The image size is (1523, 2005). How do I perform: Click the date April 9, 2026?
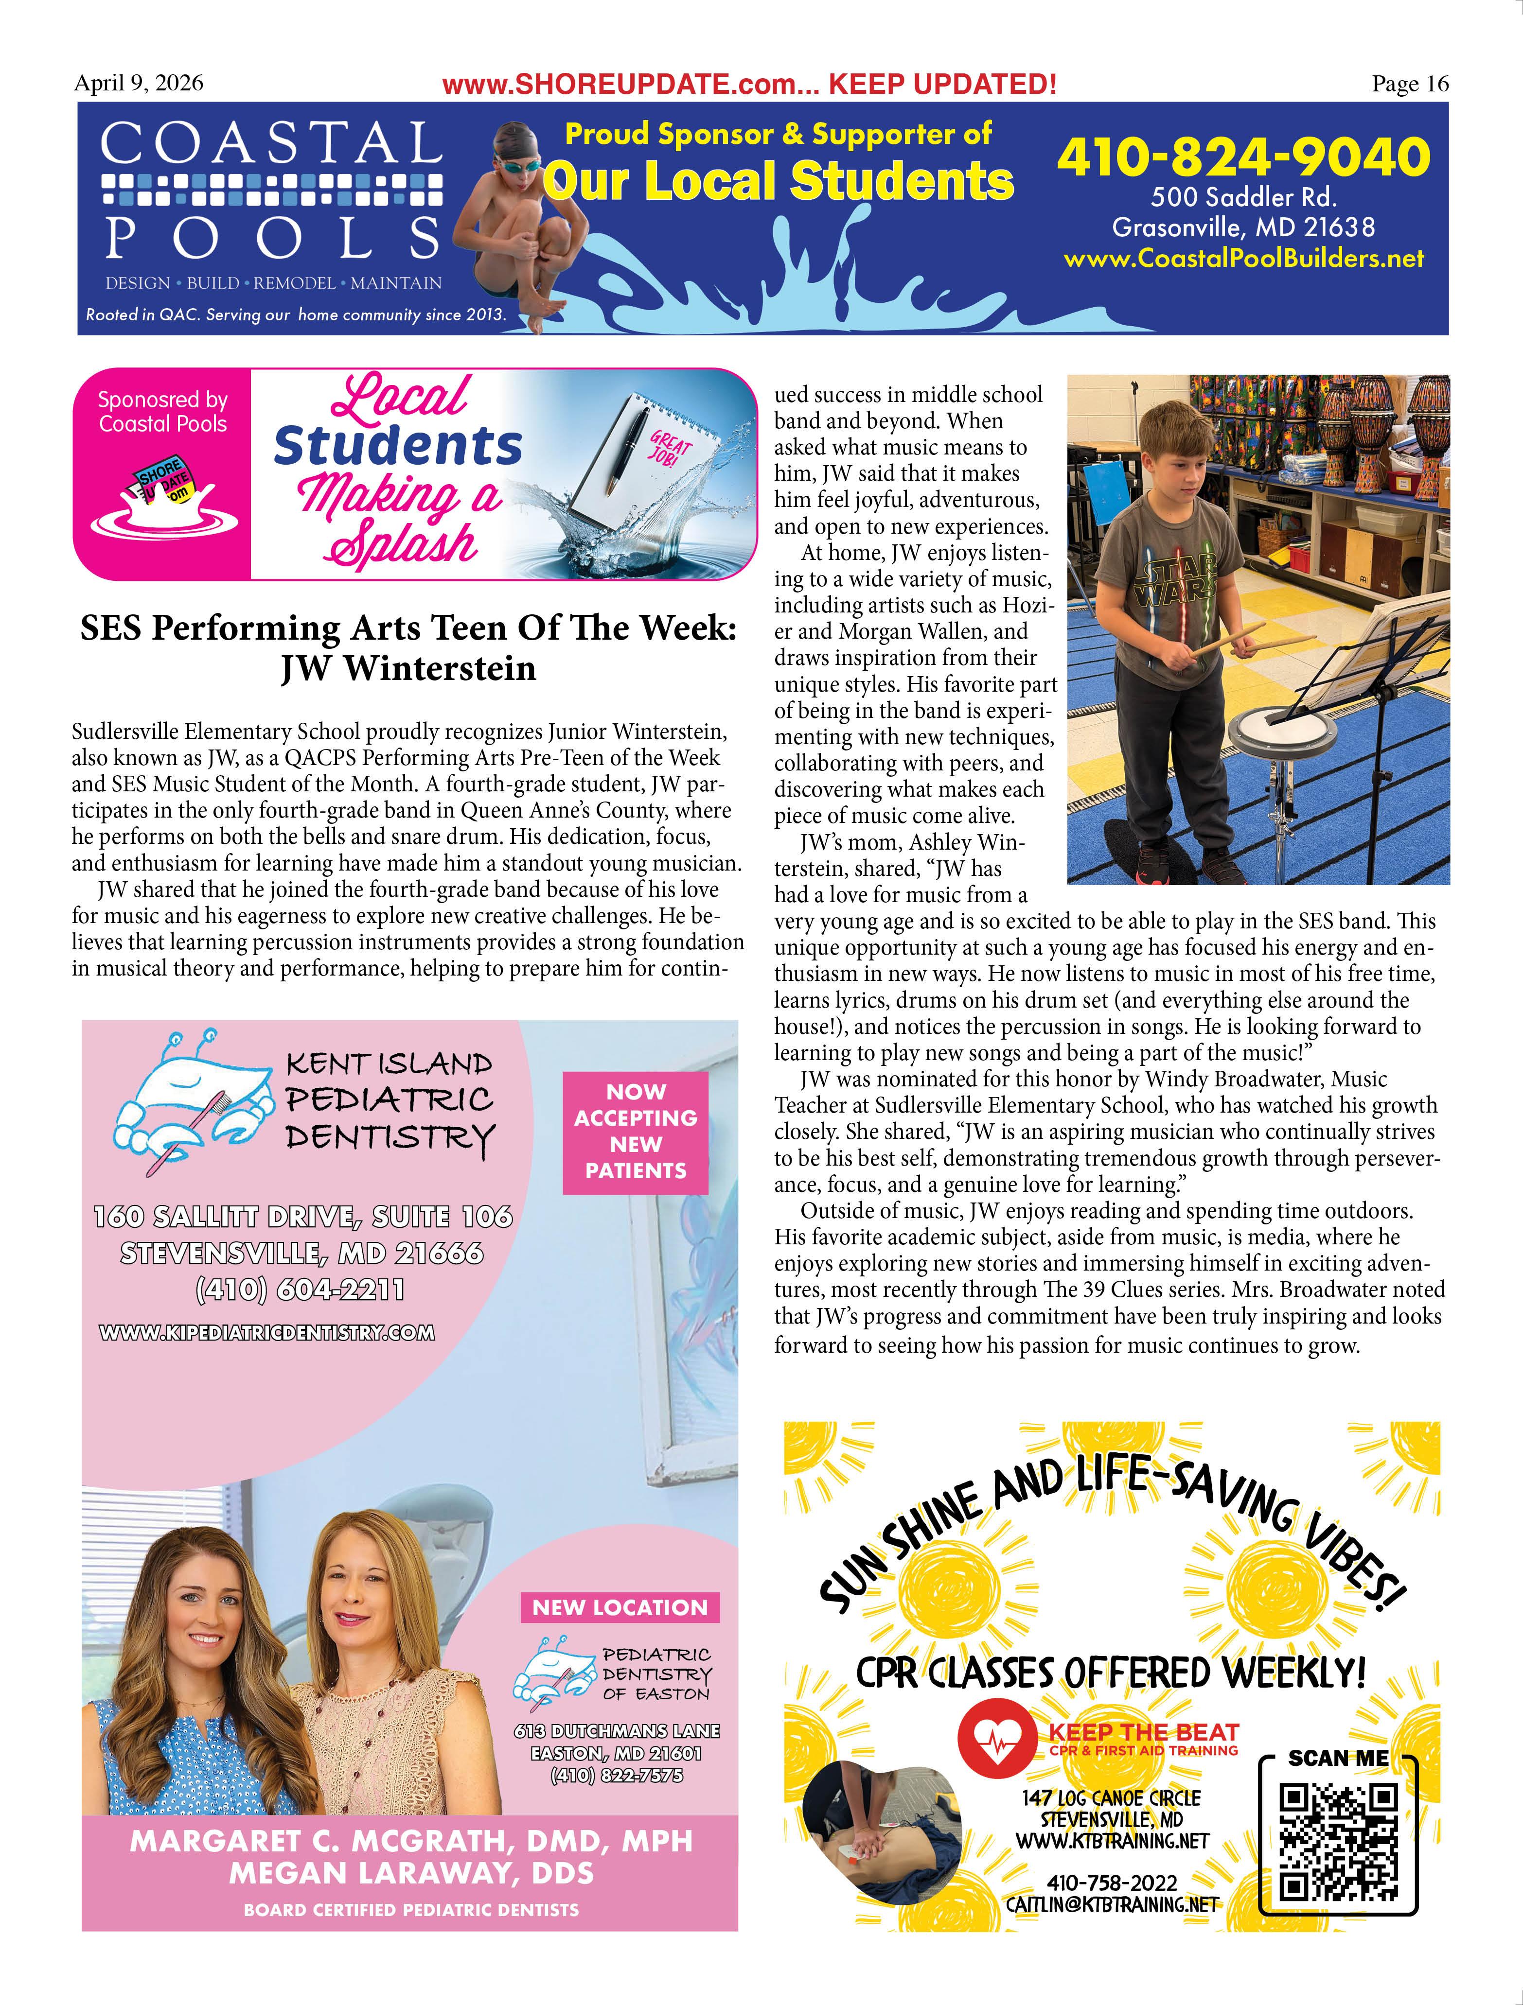(x=139, y=84)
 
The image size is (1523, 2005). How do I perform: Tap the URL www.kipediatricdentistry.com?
(x=266, y=1332)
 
